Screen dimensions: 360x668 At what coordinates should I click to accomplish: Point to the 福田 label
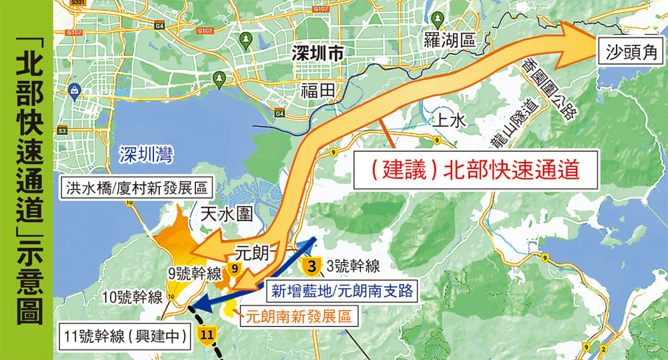coord(318,91)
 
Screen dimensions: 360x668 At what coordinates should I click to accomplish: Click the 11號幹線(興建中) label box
coord(127,338)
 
